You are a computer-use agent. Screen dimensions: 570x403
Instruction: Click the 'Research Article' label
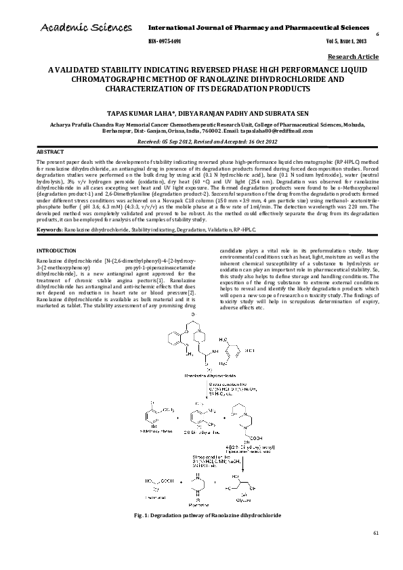(x=353, y=58)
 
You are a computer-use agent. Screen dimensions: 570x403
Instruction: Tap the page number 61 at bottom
(x=376, y=553)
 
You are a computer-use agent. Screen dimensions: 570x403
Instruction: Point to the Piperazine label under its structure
(x=198, y=504)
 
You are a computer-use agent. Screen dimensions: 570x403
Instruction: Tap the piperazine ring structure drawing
(x=198, y=485)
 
